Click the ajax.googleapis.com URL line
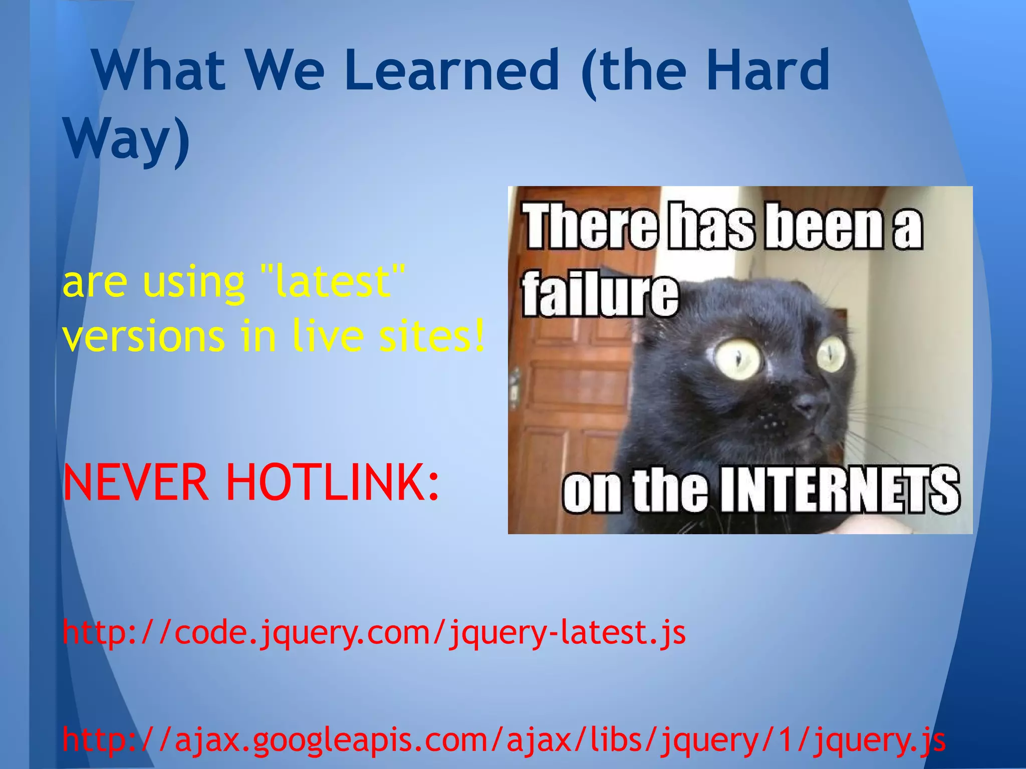[x=503, y=740]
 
